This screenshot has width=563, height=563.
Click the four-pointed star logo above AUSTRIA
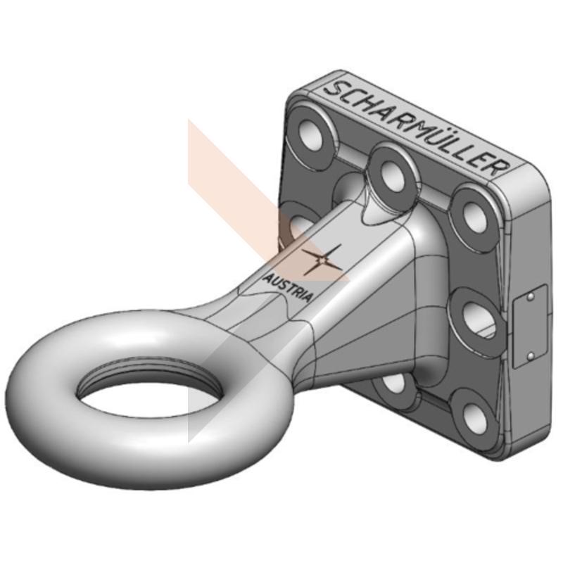(322, 260)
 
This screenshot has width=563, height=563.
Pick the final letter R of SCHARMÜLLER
(499, 167)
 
